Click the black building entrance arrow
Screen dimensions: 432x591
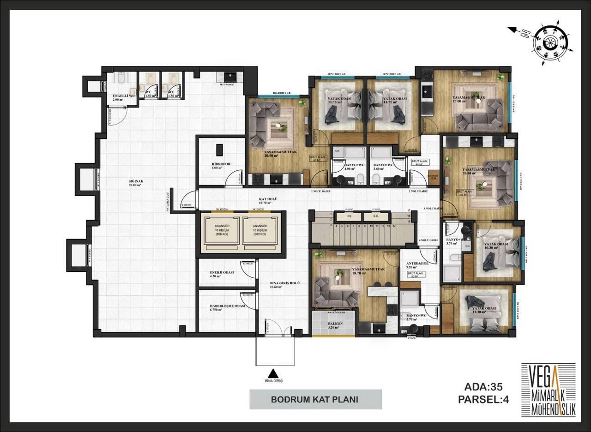274,374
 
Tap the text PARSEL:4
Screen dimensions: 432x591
483,400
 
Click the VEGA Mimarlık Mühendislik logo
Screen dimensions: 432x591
548,389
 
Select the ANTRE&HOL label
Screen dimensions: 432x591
417,264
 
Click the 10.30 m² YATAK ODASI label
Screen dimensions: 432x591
495,245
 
